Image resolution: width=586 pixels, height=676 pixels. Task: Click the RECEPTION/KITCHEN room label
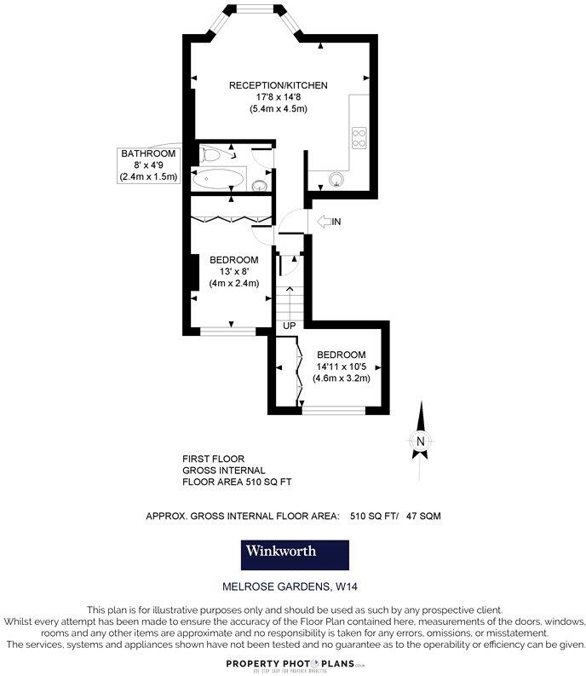click(x=278, y=85)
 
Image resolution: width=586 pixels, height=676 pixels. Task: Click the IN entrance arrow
click(x=329, y=222)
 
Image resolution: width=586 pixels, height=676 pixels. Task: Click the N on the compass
click(x=420, y=441)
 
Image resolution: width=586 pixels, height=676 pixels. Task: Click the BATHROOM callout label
click(x=148, y=153)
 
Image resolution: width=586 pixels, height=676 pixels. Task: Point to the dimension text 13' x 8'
click(x=234, y=272)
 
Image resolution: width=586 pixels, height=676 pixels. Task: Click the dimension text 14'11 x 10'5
click(x=341, y=367)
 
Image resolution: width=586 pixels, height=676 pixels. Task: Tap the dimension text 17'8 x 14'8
click(x=278, y=97)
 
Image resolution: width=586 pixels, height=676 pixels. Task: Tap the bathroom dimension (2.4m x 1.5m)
click(x=148, y=177)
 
